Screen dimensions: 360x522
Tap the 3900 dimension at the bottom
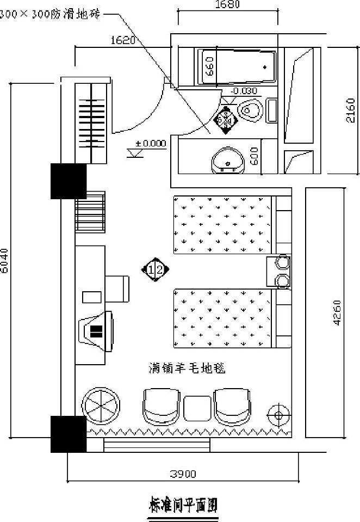(183, 474)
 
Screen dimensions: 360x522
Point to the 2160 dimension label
(351, 111)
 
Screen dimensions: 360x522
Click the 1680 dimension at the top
(227, 5)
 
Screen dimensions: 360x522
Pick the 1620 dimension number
(123, 40)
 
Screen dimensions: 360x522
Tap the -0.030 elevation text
(244, 91)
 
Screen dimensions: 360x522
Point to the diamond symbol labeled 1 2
(156, 269)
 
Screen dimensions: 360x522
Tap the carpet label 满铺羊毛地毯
(187, 369)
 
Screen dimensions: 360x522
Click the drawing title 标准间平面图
(183, 506)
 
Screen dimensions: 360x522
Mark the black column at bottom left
(69, 434)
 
